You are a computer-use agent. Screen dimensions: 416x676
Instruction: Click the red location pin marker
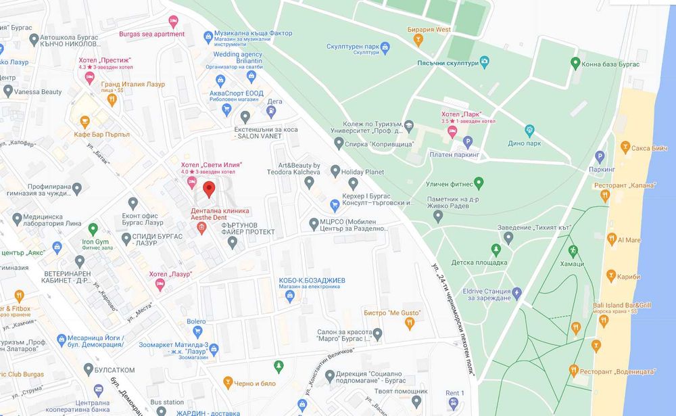click(x=210, y=189)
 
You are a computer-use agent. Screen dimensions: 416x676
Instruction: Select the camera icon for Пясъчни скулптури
click(x=484, y=62)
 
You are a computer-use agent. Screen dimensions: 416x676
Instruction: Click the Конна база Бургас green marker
click(x=575, y=63)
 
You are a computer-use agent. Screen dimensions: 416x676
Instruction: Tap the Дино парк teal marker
click(x=529, y=130)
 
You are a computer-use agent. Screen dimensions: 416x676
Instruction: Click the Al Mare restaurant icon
click(x=612, y=239)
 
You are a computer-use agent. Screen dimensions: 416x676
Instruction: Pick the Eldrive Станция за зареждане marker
click(x=517, y=293)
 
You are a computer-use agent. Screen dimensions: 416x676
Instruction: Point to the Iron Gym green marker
click(x=93, y=229)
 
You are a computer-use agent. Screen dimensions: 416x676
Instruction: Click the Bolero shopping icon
click(x=198, y=331)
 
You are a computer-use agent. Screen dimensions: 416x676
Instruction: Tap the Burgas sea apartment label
click(x=151, y=34)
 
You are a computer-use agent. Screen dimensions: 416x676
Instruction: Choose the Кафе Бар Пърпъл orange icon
click(x=84, y=122)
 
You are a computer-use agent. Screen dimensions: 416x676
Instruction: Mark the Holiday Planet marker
click(x=335, y=172)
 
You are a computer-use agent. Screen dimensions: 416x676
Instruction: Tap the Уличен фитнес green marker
click(x=479, y=183)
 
